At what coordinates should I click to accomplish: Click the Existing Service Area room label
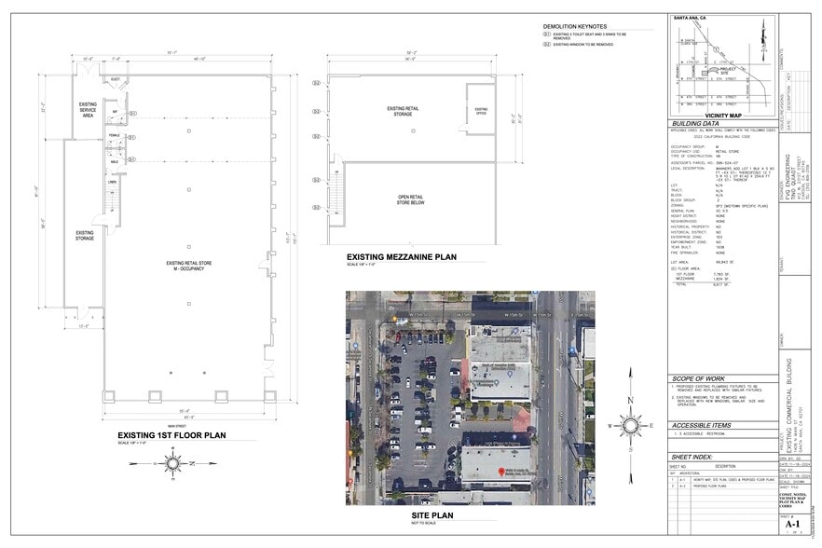(88, 111)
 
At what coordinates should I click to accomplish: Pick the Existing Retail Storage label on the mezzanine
(403, 112)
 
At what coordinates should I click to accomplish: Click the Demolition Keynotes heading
(575, 26)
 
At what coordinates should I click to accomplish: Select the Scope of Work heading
(699, 379)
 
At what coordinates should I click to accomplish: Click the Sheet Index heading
(692, 458)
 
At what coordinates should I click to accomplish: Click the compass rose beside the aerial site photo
(630, 425)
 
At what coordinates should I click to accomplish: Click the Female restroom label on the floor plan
(115, 135)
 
